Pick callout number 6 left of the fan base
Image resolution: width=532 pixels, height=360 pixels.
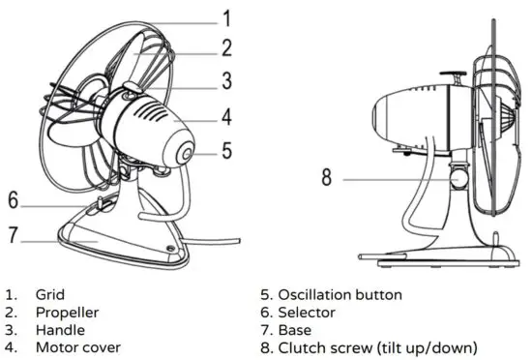click(13, 200)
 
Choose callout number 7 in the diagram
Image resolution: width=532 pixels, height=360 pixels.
click(13, 233)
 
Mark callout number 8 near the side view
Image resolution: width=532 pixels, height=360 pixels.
click(327, 177)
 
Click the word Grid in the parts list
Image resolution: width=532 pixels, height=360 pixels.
click(49, 294)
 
